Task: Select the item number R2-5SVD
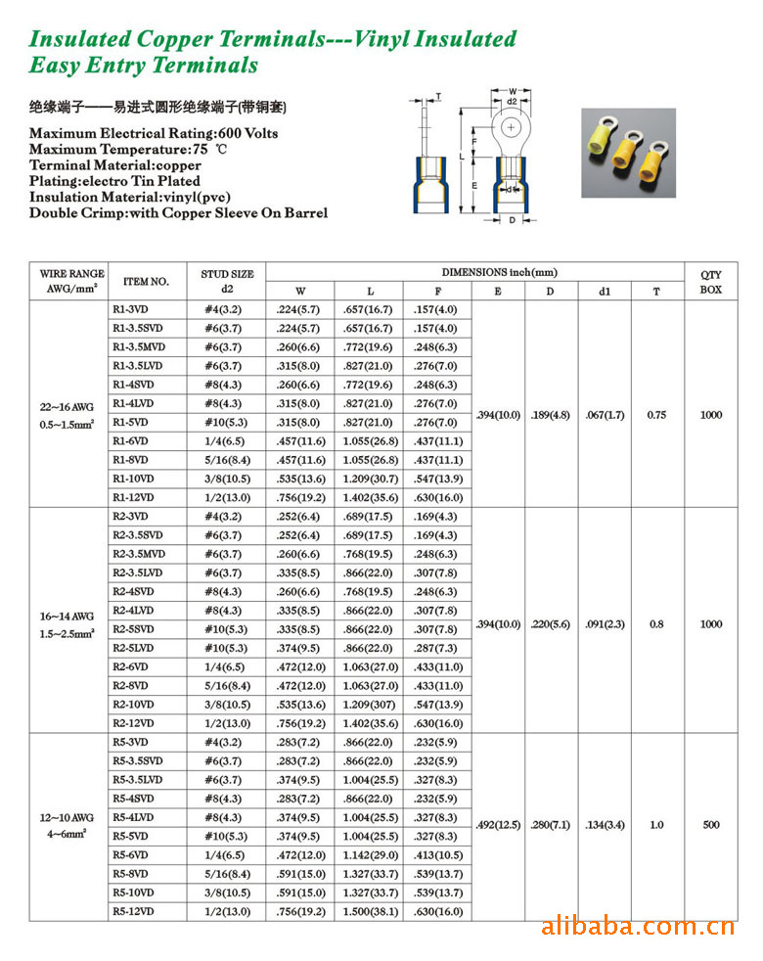pos(133,629)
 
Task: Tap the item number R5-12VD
pos(133,911)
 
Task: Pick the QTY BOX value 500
pos(711,825)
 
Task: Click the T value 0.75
pos(656,415)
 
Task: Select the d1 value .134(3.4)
pos(605,825)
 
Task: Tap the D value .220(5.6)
pos(551,624)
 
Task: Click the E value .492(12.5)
pos(498,825)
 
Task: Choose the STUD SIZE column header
pos(227,281)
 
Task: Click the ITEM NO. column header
pos(147,282)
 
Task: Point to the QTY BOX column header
pos(711,282)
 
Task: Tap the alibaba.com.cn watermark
pos(637,926)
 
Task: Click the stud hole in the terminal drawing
pos(512,127)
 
